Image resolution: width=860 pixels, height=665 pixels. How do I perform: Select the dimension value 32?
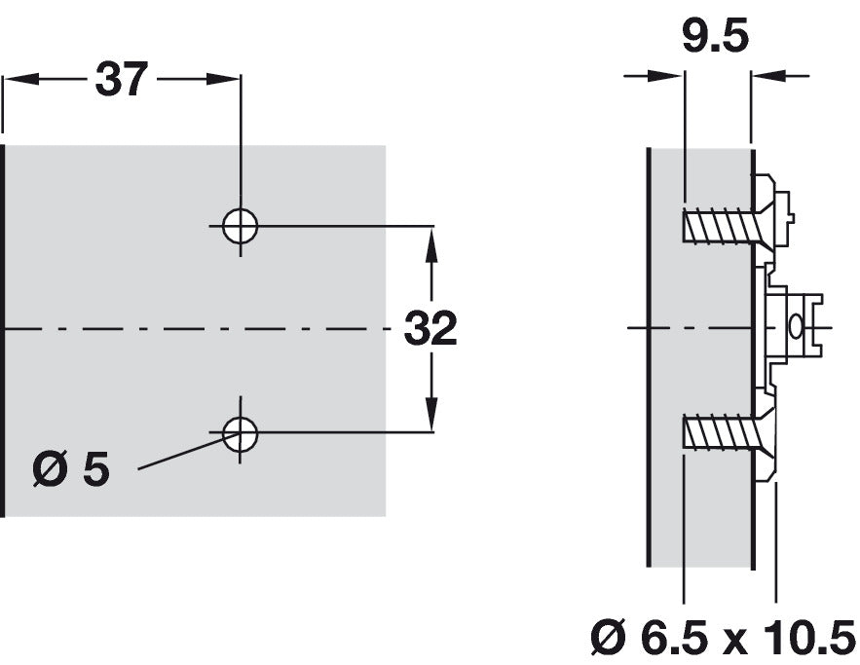coord(430,330)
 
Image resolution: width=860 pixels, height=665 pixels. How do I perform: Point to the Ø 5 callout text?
coord(70,470)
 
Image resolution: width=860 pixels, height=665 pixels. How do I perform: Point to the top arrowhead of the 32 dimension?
coord(431,240)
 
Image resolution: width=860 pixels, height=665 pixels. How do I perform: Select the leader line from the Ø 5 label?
coord(180,455)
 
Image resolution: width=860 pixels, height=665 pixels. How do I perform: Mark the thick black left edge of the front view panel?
coord(4,331)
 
